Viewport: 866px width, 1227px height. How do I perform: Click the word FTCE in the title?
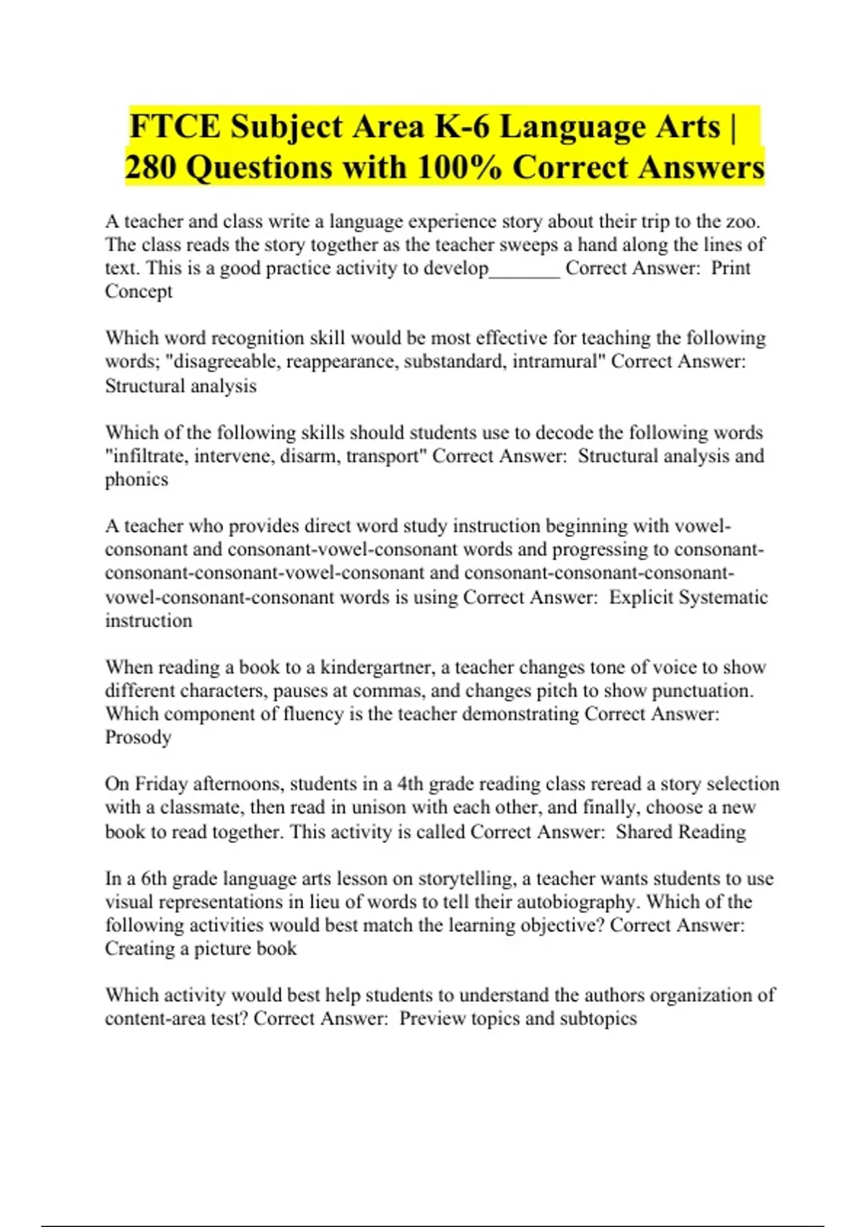point(175,127)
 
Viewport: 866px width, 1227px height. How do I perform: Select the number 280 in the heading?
point(150,167)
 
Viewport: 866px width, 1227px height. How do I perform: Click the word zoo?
point(745,221)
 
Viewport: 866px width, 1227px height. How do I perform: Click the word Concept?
point(139,292)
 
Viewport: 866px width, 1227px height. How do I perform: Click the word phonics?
point(136,480)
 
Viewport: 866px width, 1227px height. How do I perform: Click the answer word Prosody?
point(138,738)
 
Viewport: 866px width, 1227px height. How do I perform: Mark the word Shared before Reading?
point(644,831)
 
